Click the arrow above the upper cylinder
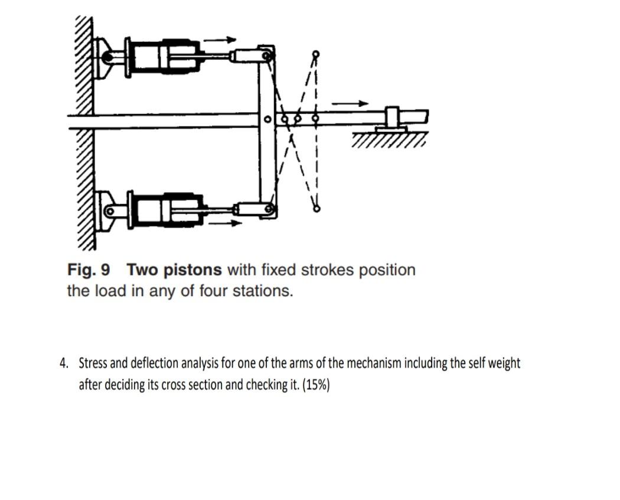[x=220, y=40]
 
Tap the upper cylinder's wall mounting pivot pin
[x=107, y=57]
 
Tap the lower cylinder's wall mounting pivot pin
[x=109, y=211]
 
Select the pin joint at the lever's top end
[x=267, y=56]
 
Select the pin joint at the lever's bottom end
[x=269, y=209]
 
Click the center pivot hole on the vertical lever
[x=267, y=120]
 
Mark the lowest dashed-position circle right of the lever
[x=316, y=208]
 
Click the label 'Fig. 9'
[x=89, y=270]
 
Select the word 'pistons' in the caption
[x=192, y=270]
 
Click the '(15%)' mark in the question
[x=315, y=385]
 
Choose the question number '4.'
[x=64, y=363]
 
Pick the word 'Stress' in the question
[x=93, y=363]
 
